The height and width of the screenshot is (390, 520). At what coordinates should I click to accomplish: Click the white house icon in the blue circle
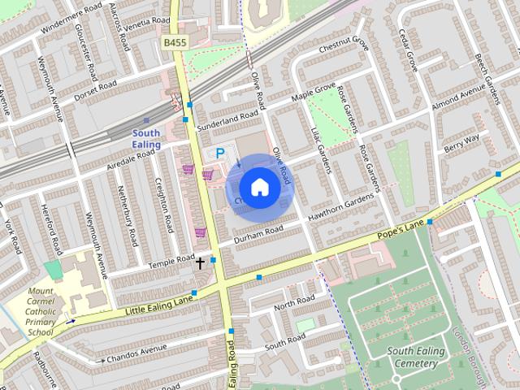click(x=258, y=187)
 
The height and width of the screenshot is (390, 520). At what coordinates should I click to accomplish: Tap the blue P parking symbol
click(x=219, y=154)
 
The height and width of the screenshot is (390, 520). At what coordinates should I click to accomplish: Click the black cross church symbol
click(x=200, y=262)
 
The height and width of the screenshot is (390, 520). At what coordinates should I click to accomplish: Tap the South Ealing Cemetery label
click(x=416, y=357)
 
